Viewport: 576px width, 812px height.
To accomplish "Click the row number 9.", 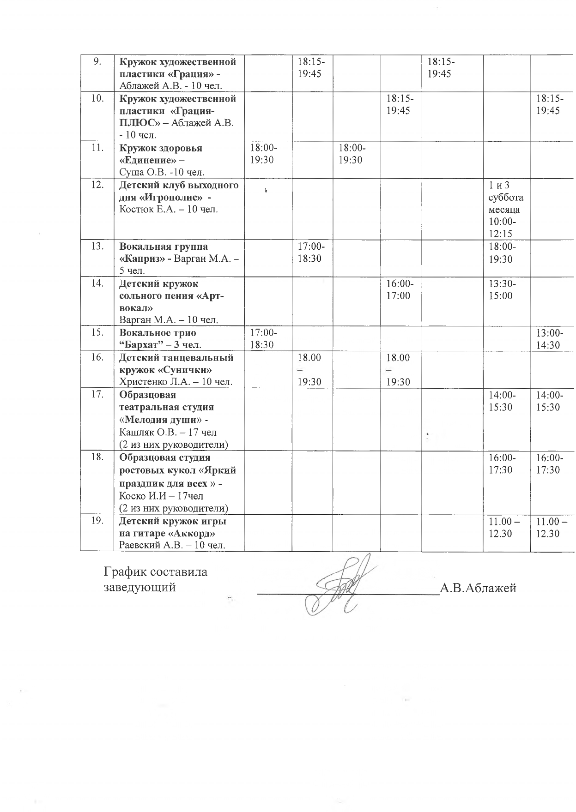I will (x=97, y=62).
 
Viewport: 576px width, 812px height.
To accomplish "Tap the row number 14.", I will (x=97, y=283).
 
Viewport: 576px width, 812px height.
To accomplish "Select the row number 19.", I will (x=97, y=521).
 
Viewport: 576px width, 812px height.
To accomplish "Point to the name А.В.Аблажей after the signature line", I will (x=478, y=588).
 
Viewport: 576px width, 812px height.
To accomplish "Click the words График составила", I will (x=156, y=572).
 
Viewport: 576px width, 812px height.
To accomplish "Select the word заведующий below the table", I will (x=139, y=588).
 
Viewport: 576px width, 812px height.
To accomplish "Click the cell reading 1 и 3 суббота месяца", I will (x=506, y=198).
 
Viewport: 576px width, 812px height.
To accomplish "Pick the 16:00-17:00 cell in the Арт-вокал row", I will (x=400, y=289).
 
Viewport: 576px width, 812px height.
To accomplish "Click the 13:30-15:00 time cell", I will (x=503, y=289).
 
